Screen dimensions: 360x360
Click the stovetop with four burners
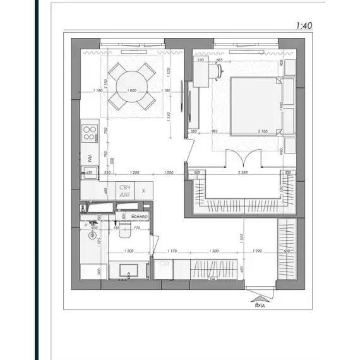coord(89,133)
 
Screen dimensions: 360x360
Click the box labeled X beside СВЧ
coord(144,191)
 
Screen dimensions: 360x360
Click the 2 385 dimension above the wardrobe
coord(243,172)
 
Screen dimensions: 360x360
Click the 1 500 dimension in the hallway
coord(213,251)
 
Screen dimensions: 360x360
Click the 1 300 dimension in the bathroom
coord(129,251)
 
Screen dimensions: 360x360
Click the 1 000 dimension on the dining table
coord(132,91)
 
